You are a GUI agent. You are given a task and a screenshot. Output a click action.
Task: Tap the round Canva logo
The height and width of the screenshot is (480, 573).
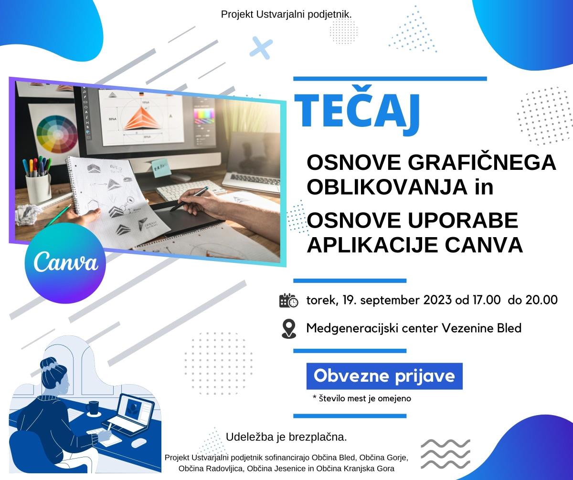click(x=65, y=263)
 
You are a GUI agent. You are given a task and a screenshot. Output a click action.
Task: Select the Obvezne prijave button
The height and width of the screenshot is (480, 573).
click(x=384, y=376)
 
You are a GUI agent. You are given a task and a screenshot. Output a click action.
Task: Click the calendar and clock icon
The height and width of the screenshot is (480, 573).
click(x=288, y=300)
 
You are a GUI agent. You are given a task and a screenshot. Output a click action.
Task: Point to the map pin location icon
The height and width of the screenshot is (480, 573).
click(x=289, y=329)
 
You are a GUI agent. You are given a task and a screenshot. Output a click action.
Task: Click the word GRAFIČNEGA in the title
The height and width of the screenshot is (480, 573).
click(x=482, y=162)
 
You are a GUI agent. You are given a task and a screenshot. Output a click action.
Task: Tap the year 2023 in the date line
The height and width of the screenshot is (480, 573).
click(x=437, y=300)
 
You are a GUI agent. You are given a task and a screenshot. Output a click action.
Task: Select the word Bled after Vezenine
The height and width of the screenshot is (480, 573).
click(x=509, y=328)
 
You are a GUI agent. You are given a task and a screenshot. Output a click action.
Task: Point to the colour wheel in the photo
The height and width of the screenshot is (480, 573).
click(x=57, y=135)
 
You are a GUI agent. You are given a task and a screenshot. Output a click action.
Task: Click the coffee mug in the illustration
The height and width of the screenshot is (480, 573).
click(x=92, y=408)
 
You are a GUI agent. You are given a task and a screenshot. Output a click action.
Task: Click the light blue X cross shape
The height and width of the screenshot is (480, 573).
click(x=261, y=48)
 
